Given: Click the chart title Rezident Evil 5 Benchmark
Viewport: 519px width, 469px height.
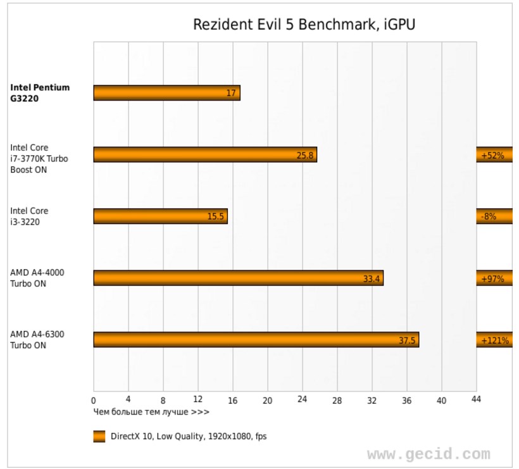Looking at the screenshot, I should (304, 25).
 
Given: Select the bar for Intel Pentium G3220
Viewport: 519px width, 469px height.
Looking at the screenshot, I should (166, 93).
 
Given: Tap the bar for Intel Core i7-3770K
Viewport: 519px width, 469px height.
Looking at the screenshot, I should (204, 155).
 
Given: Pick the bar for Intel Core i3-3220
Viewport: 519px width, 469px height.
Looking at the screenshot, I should (160, 216).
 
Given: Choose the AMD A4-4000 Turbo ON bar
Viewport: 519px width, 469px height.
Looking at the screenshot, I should (238, 278).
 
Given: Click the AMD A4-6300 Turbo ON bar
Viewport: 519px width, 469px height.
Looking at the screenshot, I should (256, 340).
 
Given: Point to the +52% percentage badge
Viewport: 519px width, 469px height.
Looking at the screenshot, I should (494, 155).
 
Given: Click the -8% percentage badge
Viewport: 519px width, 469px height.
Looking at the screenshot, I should (490, 216).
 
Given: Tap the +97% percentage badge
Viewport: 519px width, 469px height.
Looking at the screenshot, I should (494, 278).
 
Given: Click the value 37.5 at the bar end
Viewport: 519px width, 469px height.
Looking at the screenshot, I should (407, 340).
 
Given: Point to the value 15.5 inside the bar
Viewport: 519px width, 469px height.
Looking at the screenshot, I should (216, 216).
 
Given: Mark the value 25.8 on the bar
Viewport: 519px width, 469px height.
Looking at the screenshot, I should (305, 155).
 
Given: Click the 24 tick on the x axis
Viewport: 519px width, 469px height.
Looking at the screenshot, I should (303, 400).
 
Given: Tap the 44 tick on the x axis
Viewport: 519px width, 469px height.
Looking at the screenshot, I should (476, 399).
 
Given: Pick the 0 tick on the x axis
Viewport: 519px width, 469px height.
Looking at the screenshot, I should (94, 400).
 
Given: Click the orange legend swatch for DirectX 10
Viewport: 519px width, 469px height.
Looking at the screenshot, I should (99, 436).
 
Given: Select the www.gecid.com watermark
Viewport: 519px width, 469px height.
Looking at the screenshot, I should (428, 454).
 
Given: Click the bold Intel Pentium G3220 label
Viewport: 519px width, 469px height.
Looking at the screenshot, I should (40, 93).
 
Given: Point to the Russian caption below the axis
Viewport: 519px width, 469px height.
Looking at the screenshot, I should (151, 412).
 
